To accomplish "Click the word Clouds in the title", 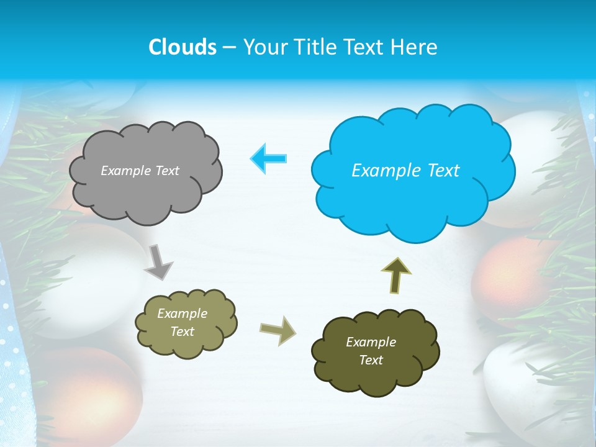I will click(183, 47).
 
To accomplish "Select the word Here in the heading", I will click(417, 47).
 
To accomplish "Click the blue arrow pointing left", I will click(269, 159).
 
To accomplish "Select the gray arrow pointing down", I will click(159, 261).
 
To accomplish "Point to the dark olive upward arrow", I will click(395, 275).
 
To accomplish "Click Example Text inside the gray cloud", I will click(140, 171).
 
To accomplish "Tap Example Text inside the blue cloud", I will click(405, 171).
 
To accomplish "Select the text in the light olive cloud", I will click(182, 323).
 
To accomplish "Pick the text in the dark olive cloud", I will click(371, 351).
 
